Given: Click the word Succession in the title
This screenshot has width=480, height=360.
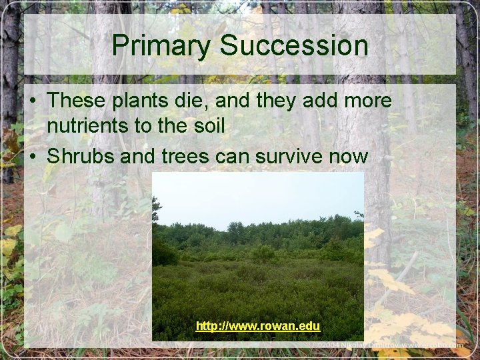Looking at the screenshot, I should pyautogui.click(x=294, y=46).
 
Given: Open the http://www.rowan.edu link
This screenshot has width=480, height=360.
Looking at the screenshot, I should pyautogui.click(x=258, y=327).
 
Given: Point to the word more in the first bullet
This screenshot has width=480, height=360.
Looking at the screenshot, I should pyautogui.click(x=367, y=101).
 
